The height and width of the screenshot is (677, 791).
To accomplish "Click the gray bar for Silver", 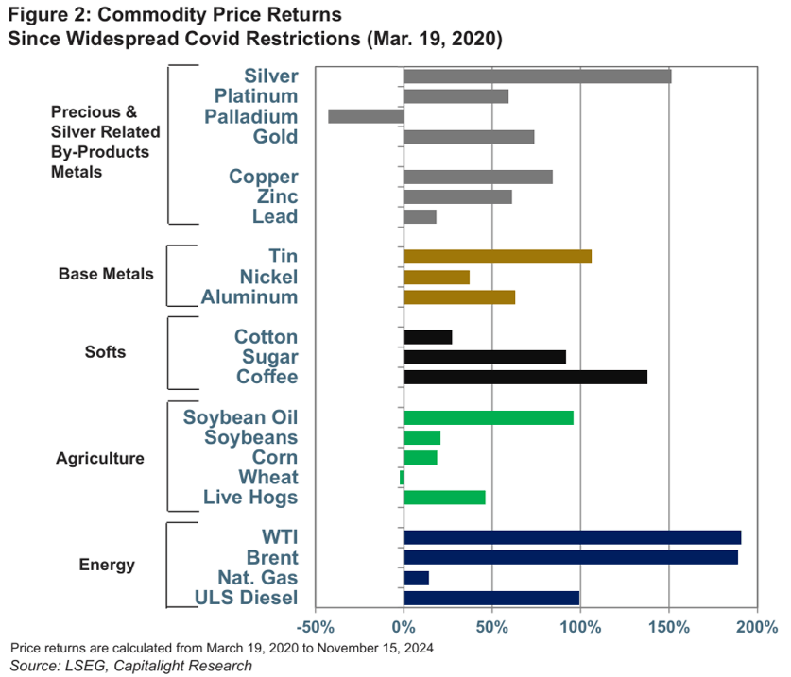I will click(x=537, y=76).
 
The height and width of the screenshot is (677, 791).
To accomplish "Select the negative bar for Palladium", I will click(x=366, y=116).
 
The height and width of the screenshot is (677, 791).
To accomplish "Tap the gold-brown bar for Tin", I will click(x=497, y=257).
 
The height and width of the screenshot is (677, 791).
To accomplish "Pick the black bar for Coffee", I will click(x=525, y=377).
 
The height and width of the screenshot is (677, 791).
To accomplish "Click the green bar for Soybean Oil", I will click(x=488, y=417).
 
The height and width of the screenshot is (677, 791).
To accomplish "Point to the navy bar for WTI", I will click(x=572, y=537).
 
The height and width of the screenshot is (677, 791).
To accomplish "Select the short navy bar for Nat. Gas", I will click(x=416, y=578).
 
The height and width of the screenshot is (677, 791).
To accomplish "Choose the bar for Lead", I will click(x=420, y=217).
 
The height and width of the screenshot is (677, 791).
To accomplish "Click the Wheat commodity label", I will click(x=267, y=478).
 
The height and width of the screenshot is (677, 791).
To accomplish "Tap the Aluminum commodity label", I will click(x=249, y=297).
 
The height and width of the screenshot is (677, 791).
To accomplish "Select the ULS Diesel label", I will click(x=246, y=598).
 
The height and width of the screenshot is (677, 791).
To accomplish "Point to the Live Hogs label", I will click(x=250, y=498).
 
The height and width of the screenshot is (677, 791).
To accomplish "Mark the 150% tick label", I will click(x=668, y=627).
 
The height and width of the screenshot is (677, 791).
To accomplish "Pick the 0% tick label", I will click(x=404, y=627).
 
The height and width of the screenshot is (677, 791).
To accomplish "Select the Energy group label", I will click(x=107, y=566).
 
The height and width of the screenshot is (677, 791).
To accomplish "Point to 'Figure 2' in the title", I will click(x=43, y=16).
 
